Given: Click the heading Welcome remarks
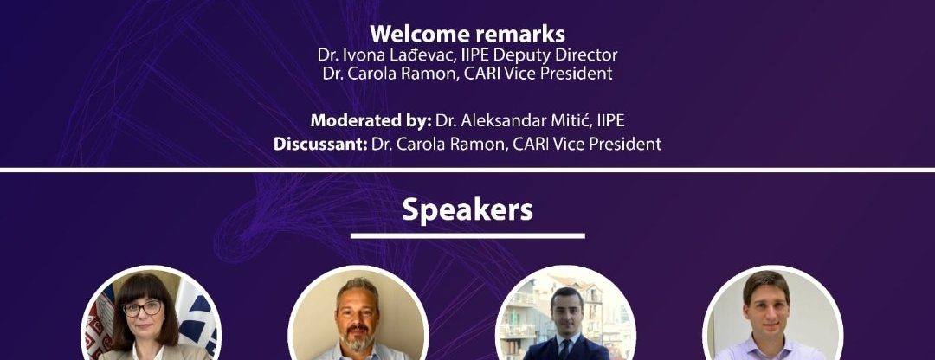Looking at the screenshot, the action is coord(467,34).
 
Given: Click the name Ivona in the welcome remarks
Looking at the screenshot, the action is coord(358,55).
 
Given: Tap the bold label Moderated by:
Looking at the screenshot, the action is coord(371,120).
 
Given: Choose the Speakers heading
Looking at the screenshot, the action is coord(467,209).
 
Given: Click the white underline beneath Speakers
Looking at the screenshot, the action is coord(467,235).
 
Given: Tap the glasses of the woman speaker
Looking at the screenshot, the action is coord(143,308).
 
